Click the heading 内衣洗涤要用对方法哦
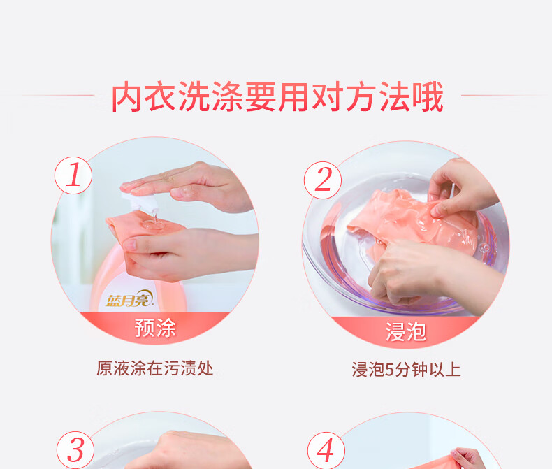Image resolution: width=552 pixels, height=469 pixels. tap(277, 96)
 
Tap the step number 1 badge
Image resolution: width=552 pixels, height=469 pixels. tap(73, 175)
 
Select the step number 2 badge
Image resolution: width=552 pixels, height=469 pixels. tap(323, 180)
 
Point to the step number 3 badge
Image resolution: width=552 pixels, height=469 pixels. tap(75, 450)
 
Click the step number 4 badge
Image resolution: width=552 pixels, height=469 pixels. tap(326, 451)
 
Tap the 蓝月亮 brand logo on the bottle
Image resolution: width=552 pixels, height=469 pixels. tap(129, 299)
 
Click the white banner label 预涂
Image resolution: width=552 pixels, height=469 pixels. tap(155, 328)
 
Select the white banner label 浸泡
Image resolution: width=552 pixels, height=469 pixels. tap(405, 332)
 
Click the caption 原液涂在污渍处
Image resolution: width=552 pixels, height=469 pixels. tap(155, 368)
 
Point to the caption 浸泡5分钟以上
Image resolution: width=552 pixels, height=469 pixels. tap(406, 370)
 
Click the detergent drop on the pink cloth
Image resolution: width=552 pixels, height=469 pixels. tap(153, 223)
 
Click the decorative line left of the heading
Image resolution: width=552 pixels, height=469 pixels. tap(59, 95)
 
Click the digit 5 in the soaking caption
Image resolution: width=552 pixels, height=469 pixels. tap(389, 370)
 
